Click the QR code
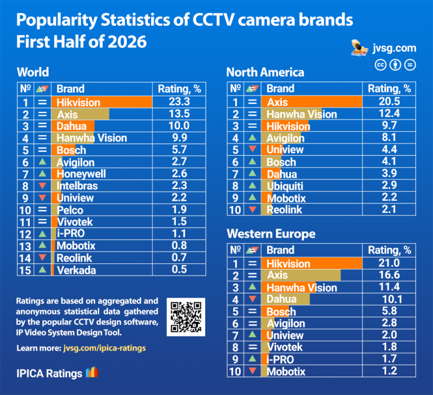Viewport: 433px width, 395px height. (x=186, y=317)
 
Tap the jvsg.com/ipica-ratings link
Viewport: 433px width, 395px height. (x=104, y=348)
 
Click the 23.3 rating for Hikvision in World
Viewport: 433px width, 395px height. (x=179, y=102)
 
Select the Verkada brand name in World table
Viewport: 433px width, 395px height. (x=76, y=270)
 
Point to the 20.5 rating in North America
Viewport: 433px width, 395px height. (x=389, y=101)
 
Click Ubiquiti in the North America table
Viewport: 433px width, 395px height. (x=285, y=186)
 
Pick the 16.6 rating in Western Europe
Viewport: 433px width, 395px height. (x=389, y=275)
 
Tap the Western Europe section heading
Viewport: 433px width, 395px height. (x=271, y=234)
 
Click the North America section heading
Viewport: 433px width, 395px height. (x=265, y=72)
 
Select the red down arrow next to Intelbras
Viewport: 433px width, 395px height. (x=42, y=186)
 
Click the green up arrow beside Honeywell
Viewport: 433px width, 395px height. (x=42, y=173)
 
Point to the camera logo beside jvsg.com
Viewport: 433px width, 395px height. (x=360, y=48)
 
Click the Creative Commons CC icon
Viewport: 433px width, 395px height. (x=381, y=65)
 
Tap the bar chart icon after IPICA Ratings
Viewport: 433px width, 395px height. (x=92, y=372)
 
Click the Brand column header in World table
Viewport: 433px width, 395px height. (x=70, y=89)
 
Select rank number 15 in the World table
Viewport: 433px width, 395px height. (x=25, y=271)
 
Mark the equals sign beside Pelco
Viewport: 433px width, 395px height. (x=42, y=209)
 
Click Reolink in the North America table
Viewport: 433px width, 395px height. (x=284, y=210)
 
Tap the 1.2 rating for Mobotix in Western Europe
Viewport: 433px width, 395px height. (x=390, y=371)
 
